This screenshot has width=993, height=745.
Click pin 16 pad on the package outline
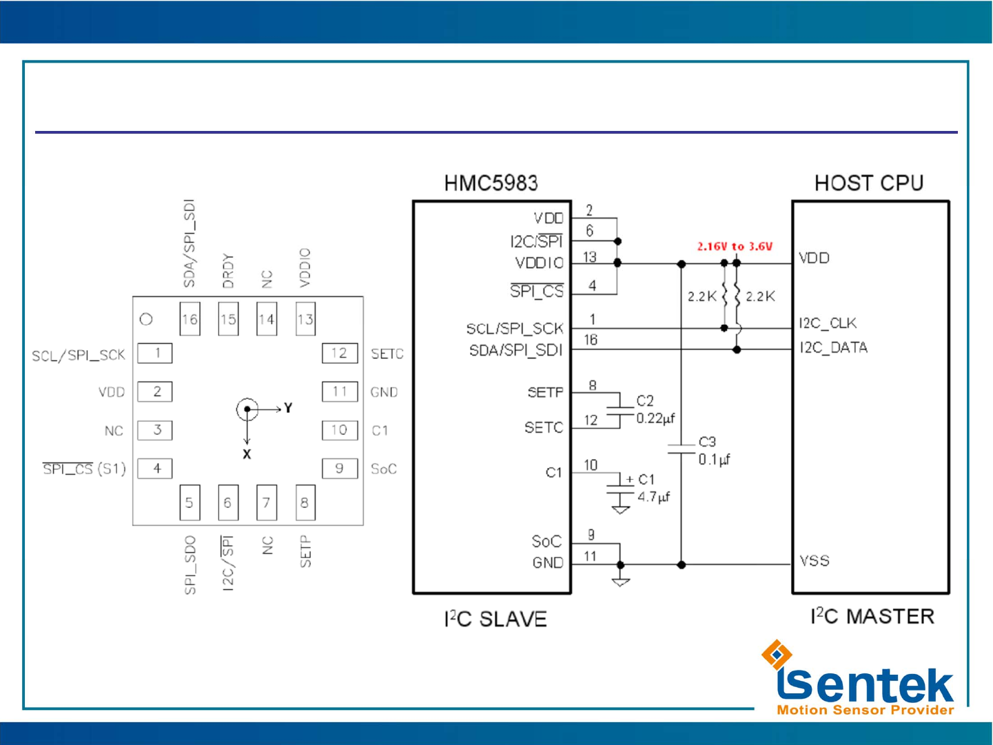(190, 319)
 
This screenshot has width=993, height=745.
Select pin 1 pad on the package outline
(155, 353)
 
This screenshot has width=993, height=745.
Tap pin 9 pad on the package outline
(340, 469)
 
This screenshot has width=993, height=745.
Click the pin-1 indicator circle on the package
(146, 319)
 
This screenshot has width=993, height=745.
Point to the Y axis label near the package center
(288, 408)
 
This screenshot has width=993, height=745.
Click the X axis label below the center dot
(247, 454)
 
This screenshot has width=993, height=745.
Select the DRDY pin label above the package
(228, 271)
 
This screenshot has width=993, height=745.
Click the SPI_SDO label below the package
(190, 564)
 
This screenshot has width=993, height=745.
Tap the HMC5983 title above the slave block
(491, 183)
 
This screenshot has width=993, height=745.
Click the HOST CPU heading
(868, 183)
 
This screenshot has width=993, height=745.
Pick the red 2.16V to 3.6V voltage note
(735, 246)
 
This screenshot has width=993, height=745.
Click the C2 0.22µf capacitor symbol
(620, 411)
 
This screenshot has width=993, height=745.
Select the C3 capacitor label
(708, 442)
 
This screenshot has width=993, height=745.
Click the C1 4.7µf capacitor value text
(653, 497)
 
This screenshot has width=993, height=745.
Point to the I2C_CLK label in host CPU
(828, 323)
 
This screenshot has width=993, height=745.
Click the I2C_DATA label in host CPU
(833, 347)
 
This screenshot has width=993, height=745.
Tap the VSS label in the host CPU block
(815, 561)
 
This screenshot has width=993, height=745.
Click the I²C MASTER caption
(872, 616)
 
